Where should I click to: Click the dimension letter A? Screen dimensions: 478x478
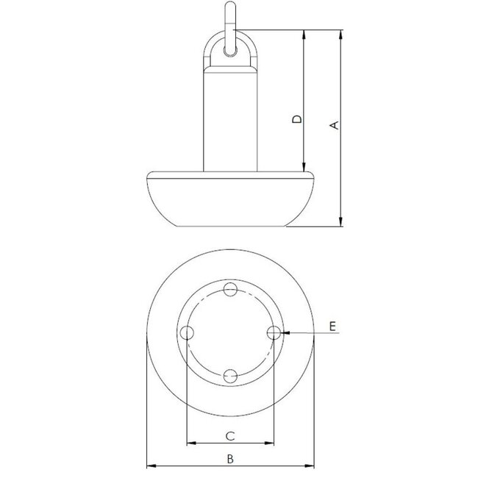[x=334, y=126]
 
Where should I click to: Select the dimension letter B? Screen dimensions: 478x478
[x=230, y=459]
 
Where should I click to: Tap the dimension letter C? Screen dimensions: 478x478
[x=229, y=436]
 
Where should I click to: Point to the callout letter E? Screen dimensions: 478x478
[x=332, y=326]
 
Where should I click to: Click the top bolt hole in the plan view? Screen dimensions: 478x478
[x=230, y=289]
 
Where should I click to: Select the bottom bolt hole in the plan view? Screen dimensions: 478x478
[x=230, y=377]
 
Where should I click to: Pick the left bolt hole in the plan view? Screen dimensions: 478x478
[x=187, y=333]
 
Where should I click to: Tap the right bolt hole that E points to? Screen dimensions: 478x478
[x=274, y=333]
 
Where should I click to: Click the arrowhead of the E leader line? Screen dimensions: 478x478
[x=284, y=333]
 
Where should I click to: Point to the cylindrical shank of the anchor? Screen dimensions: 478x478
[x=229, y=118]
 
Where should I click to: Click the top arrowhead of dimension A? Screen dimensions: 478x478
[x=340, y=34]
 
